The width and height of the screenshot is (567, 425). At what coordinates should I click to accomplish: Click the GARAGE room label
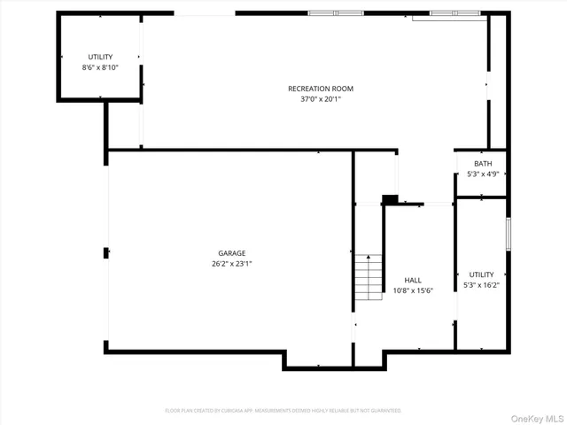point(232,252)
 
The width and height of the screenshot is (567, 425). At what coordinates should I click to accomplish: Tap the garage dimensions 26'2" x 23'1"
point(232,263)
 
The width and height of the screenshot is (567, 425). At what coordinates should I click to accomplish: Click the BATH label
point(483,164)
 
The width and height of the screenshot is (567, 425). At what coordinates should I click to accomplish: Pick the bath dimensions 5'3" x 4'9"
point(483,174)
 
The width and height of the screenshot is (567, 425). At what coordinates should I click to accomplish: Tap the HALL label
point(413,280)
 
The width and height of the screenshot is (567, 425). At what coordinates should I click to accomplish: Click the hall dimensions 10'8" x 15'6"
point(413,290)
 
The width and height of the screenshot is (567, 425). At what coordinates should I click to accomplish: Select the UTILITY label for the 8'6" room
point(100,57)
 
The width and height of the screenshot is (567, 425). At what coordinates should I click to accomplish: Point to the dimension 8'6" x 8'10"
point(100,67)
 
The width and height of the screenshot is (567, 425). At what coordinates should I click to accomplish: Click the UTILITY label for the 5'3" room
point(481,275)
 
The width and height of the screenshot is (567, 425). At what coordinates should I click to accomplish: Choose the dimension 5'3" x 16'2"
point(481,286)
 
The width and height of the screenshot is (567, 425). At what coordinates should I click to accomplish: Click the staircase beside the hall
point(369,277)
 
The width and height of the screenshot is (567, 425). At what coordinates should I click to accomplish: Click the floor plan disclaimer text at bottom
point(283,411)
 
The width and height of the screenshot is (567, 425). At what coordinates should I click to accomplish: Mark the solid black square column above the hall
point(389,200)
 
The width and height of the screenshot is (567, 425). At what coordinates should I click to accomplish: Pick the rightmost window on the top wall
point(454,13)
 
